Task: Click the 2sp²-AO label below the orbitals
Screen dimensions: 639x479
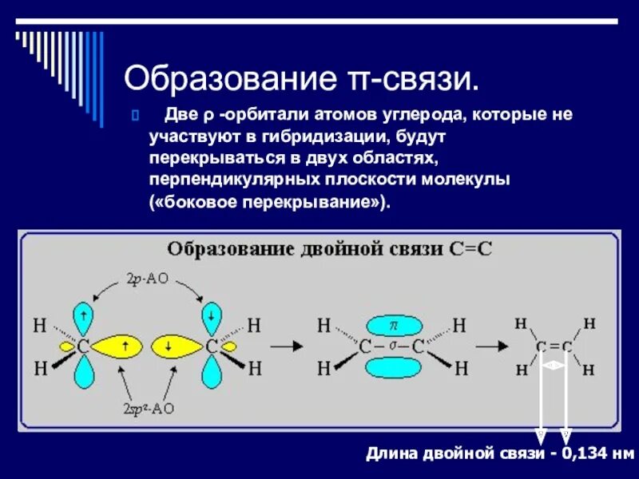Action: tap(149, 408)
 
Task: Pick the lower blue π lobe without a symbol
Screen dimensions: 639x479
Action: tap(392, 368)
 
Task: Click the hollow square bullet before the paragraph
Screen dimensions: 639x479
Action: tap(135, 115)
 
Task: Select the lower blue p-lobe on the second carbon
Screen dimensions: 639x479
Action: tap(212, 374)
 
